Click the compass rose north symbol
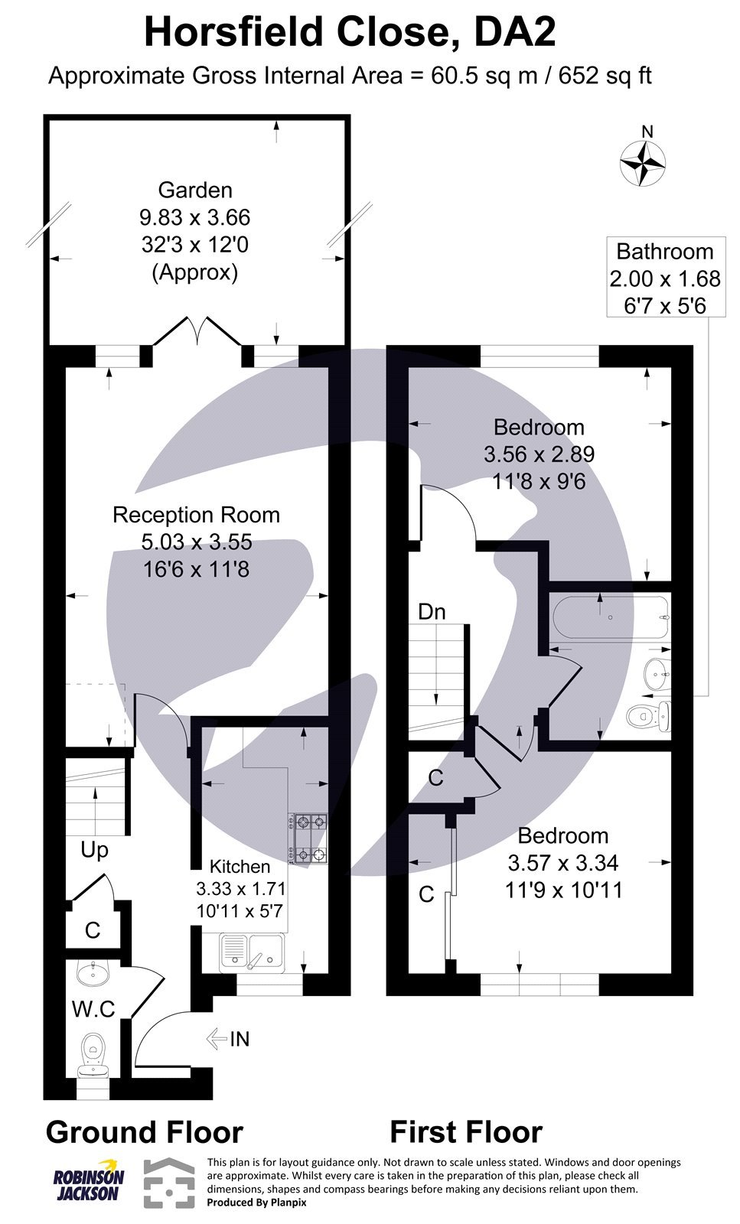point(642,163)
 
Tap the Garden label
point(195,190)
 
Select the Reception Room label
point(196,515)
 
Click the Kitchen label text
point(240,866)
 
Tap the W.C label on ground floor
point(93,1009)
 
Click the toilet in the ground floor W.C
point(94,1052)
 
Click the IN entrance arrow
point(228,1039)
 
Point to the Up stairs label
point(94,850)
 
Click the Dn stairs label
point(432,611)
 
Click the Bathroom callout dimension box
point(664,278)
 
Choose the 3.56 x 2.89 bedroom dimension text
point(539,454)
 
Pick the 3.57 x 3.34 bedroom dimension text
point(563,863)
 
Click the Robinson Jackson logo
point(88,1182)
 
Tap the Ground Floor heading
point(145,1131)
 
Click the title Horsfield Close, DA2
point(349,33)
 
